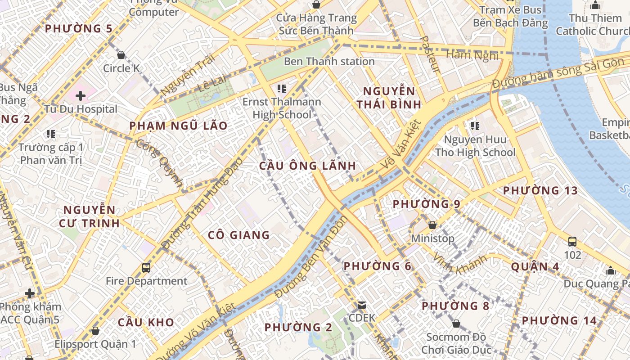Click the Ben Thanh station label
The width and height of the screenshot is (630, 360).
pos(329,61)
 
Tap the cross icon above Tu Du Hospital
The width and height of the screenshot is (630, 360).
pos(81,96)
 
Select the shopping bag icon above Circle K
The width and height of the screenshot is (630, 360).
pos(121,55)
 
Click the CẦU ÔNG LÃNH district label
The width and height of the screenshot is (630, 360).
pos(307,166)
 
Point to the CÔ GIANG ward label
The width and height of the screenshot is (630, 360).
pos(238,235)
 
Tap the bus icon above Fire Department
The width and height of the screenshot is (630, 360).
pos(146,268)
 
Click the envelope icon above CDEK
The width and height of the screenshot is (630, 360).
pos(361,305)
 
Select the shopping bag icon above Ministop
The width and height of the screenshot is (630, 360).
pos(432,225)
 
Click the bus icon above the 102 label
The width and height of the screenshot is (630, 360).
pos(572,242)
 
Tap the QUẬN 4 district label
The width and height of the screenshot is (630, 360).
pos(535,267)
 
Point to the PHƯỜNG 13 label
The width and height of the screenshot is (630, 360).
pos(540,191)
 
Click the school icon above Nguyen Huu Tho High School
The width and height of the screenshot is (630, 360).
pos(475,126)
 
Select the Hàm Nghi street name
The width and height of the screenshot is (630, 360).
pos(472,55)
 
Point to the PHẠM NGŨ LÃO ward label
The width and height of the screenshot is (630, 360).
pos(179,126)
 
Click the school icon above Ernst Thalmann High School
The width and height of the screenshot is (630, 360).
pos(282,89)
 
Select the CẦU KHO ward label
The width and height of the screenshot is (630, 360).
pos(146,322)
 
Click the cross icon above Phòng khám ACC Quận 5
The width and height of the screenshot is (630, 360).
pos(30,294)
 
